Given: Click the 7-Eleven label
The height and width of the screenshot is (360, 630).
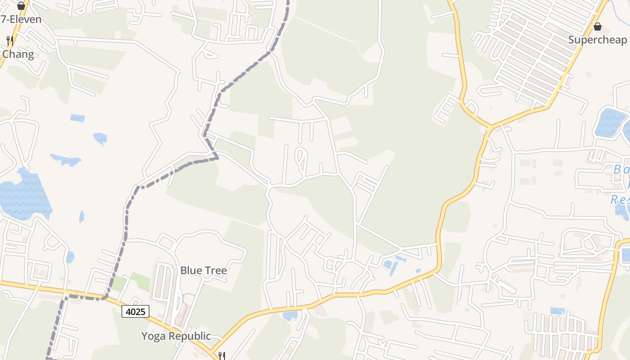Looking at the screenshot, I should [21, 19].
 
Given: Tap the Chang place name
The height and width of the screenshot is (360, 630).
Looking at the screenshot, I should [18, 54].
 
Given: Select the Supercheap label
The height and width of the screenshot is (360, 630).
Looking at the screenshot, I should [597, 40].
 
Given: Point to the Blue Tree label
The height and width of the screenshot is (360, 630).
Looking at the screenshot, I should [203, 270].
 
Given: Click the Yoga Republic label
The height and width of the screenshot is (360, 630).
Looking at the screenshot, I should [176, 336].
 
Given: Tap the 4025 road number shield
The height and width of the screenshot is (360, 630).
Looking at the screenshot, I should [135, 311].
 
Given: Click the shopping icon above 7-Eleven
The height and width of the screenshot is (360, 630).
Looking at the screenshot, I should [21, 6].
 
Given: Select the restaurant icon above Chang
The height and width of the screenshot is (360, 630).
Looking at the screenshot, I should [10, 41].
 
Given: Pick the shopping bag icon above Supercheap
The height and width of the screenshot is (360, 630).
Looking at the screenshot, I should [598, 27].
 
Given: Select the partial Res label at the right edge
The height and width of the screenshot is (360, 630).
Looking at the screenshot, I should [620, 200].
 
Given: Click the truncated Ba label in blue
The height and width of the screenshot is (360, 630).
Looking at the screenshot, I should [621, 170].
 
